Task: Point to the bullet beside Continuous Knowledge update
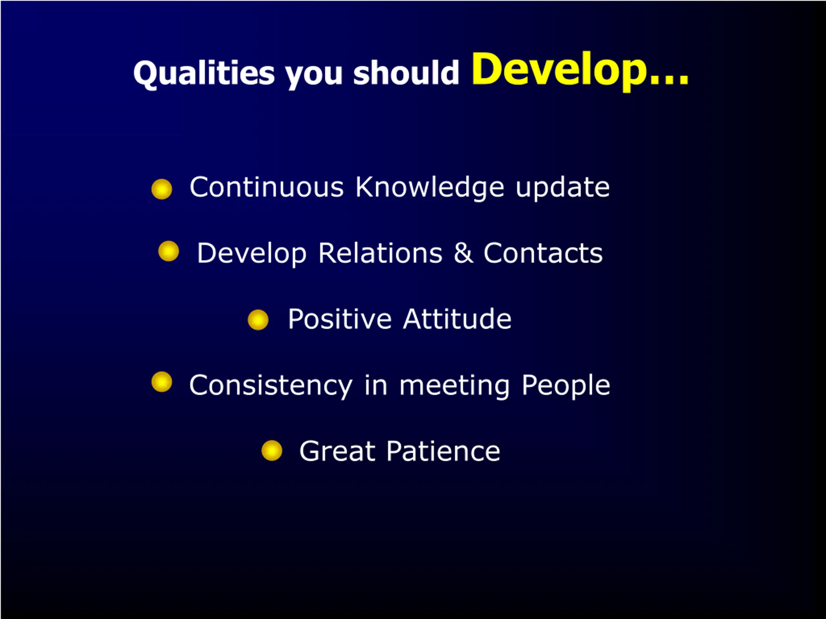pos(162,189)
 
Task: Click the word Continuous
pos(267,187)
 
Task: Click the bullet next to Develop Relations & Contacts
pos(169,251)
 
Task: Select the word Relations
pos(380,253)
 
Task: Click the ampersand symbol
pos(463,253)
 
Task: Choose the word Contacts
pos(543,253)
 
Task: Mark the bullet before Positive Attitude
pos(258,320)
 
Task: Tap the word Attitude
pos(458,319)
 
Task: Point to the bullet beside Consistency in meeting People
pos(162,382)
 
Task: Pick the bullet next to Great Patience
pos(272,450)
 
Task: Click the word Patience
pos(443,451)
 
